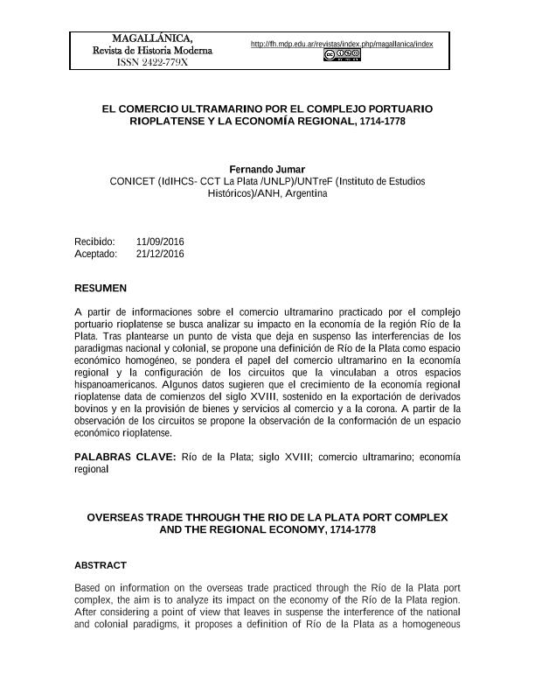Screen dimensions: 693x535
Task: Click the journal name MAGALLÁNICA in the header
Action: (153, 37)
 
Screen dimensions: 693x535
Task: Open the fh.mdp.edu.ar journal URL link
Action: (342, 44)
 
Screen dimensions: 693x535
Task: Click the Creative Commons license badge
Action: (342, 55)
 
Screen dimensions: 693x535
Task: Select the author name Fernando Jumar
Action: (267, 169)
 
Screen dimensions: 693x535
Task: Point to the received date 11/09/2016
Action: (160, 241)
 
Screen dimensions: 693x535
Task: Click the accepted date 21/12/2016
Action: (160, 254)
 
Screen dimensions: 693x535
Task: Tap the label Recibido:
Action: (94, 241)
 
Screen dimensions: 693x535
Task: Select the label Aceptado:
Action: (96, 254)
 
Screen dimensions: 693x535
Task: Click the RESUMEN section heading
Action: (101, 288)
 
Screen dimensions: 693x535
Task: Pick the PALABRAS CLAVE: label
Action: (125, 457)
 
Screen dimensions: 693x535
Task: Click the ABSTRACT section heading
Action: (101, 565)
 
